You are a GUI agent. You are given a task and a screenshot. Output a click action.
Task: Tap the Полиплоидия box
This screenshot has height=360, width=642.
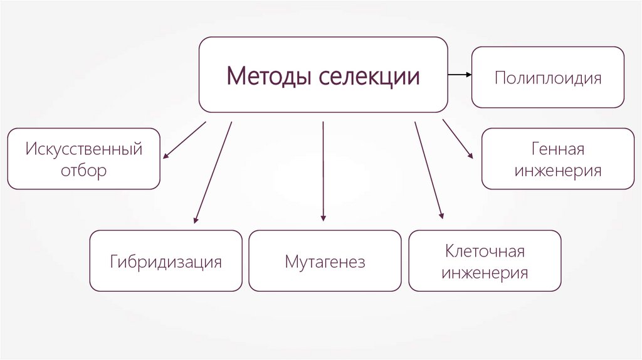pos(547,77)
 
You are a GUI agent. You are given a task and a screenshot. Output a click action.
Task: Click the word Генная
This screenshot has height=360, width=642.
pos(557,149)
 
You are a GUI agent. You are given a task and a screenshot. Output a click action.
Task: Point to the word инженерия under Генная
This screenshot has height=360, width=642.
pos(557,171)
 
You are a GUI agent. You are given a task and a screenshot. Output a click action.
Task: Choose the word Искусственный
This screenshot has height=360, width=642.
pos(84,149)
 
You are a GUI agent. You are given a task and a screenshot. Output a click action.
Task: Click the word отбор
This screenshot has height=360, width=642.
pos(84,171)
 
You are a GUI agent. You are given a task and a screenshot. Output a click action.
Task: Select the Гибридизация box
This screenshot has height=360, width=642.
pos(166,261)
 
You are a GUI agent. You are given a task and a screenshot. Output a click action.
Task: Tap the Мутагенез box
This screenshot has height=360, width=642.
pos(325,261)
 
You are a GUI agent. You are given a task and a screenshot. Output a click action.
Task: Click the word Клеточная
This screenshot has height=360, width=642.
pos(485,251)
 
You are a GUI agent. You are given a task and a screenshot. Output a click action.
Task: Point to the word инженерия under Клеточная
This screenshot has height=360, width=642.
pos(485,273)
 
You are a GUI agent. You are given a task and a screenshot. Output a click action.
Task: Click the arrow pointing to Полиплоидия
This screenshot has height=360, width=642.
pos(460,75)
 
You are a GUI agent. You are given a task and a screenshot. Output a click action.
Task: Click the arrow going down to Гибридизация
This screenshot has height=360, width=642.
pos(213,172)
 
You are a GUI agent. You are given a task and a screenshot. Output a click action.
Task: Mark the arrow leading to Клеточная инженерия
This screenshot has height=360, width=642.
pos(428,169)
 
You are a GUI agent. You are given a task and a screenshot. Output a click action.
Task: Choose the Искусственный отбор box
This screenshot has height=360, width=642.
pos(84,159)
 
